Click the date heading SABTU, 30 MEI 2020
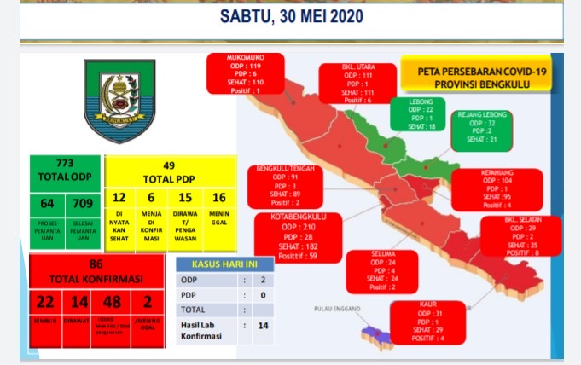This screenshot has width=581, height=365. tap(291, 16)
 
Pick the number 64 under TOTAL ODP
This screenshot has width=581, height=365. tap(46, 204)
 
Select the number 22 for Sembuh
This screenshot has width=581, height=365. tap(44, 301)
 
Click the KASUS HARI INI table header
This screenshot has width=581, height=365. tap(224, 264)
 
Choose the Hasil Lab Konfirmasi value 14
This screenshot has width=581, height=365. tap(263, 326)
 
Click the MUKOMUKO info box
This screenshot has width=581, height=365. tap(245, 74)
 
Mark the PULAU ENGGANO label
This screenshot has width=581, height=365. tap(336, 308)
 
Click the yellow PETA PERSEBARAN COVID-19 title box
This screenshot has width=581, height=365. tap(477, 78)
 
